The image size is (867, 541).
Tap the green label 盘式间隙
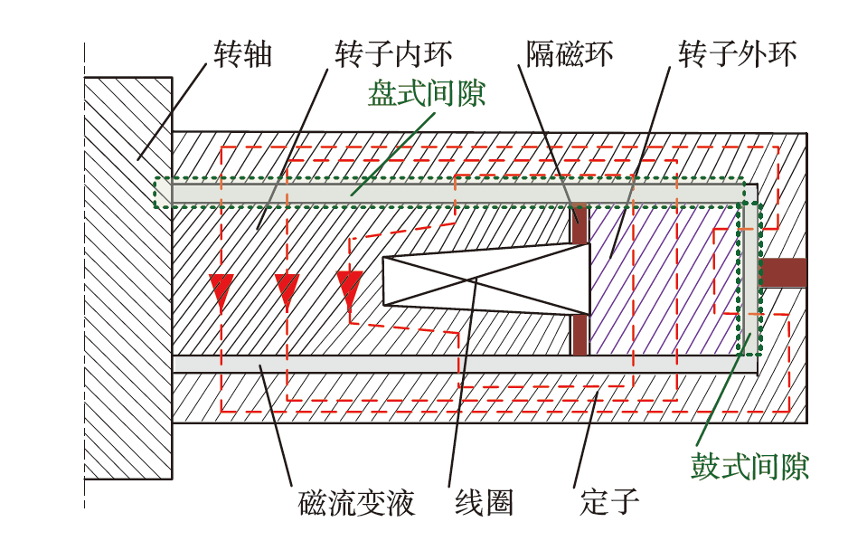click(x=427, y=94)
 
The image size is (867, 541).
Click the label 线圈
click(x=484, y=503)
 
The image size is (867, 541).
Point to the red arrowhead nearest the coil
click(x=349, y=288)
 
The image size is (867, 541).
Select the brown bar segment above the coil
click(x=579, y=224)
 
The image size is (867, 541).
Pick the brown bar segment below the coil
click(x=580, y=337)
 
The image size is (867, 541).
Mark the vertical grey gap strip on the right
click(x=751, y=272)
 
